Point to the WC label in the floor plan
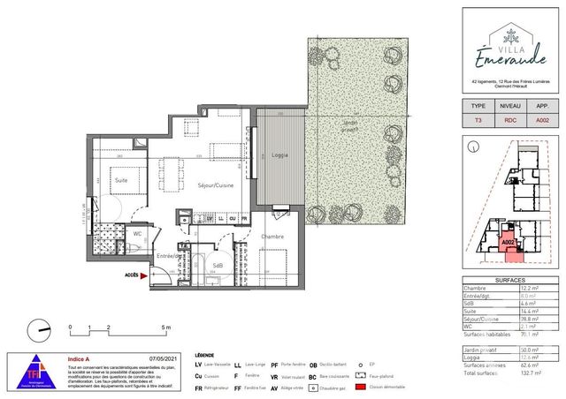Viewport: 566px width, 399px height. point(137,234)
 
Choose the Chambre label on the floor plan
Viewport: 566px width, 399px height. point(272,237)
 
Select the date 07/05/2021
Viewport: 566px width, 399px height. point(165,359)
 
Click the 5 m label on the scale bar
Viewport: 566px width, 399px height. point(165,327)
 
